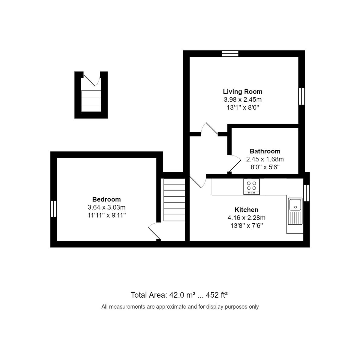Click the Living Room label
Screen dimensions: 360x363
[242, 92]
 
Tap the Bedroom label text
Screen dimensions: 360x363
[107, 199]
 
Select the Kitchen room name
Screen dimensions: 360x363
[246, 210]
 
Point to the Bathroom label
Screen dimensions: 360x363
[265, 151]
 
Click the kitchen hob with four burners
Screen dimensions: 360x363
[251, 187]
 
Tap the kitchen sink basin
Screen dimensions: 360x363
[295, 204]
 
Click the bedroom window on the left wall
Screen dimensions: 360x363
[54, 209]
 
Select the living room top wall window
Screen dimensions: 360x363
[230, 54]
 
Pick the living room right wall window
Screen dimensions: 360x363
[302, 96]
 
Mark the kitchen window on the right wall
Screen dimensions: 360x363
[306, 193]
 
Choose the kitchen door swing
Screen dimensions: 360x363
[198, 182]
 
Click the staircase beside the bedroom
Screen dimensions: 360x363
[174, 200]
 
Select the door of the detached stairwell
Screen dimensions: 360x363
[92, 80]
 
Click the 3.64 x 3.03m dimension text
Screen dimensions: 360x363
[107, 208]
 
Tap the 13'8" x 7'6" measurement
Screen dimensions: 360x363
[247, 225]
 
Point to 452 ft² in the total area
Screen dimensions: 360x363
[217, 295]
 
